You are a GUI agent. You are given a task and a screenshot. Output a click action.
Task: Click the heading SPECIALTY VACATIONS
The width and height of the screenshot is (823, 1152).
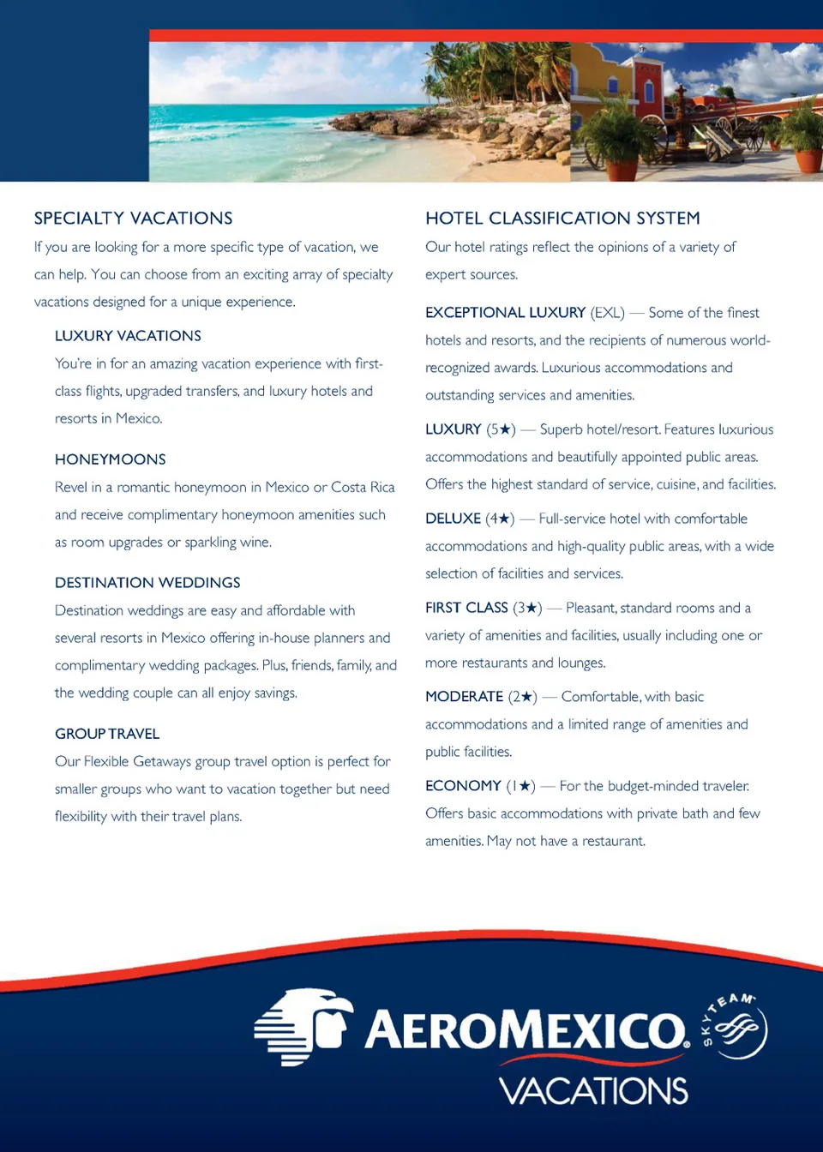(x=133, y=219)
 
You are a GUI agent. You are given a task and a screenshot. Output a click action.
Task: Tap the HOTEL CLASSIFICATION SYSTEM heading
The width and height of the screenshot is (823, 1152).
(x=562, y=219)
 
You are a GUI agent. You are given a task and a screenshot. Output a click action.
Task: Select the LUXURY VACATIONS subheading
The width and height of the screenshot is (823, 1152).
(x=128, y=336)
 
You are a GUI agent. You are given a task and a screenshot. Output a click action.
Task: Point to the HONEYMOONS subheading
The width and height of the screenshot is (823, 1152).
(x=110, y=459)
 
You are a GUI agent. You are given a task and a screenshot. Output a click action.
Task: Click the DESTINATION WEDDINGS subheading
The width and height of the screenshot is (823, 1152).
(x=147, y=583)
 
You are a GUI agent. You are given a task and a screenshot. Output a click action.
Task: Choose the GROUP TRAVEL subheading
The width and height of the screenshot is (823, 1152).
(x=107, y=734)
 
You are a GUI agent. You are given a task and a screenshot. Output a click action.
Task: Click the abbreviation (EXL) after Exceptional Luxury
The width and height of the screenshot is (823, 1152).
(x=607, y=313)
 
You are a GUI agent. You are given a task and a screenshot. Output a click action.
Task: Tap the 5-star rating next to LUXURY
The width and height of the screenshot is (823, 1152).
(x=501, y=429)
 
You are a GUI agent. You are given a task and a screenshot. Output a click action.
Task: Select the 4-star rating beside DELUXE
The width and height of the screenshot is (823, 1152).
(x=500, y=519)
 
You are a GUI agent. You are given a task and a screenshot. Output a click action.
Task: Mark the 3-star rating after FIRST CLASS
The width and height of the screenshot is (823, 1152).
(x=527, y=608)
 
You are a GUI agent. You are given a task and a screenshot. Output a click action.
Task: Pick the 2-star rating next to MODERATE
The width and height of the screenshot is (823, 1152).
(x=522, y=697)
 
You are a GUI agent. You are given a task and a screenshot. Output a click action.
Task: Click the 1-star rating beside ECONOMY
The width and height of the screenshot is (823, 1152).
(x=520, y=786)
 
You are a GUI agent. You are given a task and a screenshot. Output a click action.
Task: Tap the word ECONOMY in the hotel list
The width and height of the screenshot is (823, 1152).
(x=463, y=786)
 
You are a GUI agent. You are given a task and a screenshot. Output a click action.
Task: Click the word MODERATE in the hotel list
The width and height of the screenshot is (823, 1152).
(x=464, y=697)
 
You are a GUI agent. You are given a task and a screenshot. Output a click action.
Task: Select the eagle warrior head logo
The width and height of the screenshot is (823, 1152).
(x=304, y=1027)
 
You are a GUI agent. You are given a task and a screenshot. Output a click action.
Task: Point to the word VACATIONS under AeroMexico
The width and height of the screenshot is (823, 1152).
(x=593, y=1091)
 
